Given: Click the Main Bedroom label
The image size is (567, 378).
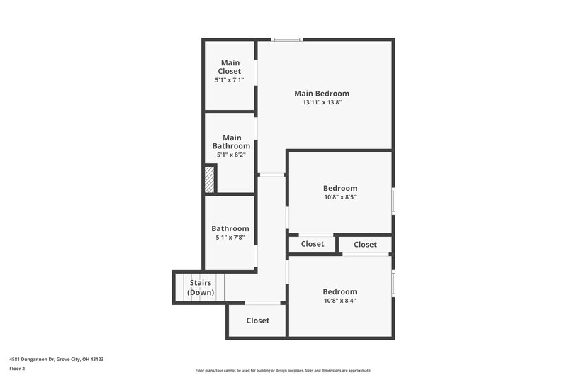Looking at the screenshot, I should pos(322,93).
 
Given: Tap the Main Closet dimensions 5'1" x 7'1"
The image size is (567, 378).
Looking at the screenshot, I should pos(230,80).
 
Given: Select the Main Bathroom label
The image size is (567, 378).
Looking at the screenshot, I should pos(232,142).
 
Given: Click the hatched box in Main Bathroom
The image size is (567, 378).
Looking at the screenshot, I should pos(210,179).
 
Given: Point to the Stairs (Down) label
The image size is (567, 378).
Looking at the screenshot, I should pos(201,287).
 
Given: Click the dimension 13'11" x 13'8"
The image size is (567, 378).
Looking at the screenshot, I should pos(322,103).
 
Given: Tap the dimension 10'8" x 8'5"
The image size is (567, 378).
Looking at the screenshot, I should pos(340,198).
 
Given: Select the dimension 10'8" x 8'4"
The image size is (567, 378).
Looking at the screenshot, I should pos(340,301).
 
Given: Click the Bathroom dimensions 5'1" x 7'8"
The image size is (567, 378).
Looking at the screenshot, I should pos(230,238).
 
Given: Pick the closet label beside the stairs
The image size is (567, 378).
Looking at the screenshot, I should pos(258,321).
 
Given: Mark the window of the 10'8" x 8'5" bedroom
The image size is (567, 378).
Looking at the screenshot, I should pos(393,200).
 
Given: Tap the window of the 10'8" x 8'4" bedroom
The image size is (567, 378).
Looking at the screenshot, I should pos(393,282).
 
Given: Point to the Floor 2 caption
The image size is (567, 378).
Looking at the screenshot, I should pos(17,369).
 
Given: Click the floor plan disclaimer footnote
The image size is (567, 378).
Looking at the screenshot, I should pos(283,370).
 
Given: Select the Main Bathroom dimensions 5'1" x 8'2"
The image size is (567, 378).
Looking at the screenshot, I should pos(230,155).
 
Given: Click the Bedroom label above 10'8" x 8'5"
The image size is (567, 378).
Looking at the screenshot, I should pos(340,188).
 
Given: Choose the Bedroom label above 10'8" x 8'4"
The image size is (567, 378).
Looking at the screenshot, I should pos(340,291).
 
